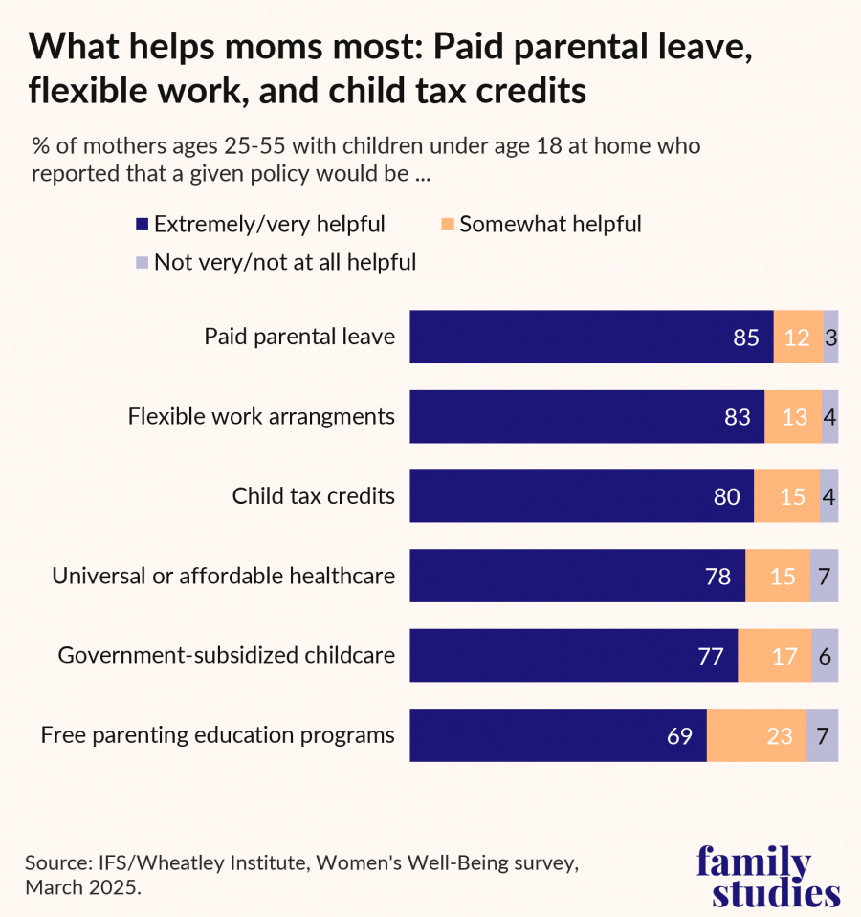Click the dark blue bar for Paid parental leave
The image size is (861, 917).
point(591,337)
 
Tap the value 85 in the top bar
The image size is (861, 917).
point(746,338)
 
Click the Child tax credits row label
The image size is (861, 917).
point(313,496)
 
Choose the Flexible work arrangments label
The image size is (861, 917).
point(261,417)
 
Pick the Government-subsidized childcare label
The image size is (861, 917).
point(227,656)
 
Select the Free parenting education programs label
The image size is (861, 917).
point(217,735)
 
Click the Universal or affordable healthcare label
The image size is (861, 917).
point(223,577)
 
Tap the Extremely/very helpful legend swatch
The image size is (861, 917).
point(142,226)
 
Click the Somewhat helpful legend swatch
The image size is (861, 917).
point(447,226)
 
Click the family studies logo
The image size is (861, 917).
point(767,876)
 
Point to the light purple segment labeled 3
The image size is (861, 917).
point(830,337)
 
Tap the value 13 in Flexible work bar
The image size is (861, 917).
point(794,417)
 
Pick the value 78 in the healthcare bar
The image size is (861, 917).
point(717,577)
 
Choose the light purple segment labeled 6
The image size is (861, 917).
point(825,656)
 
